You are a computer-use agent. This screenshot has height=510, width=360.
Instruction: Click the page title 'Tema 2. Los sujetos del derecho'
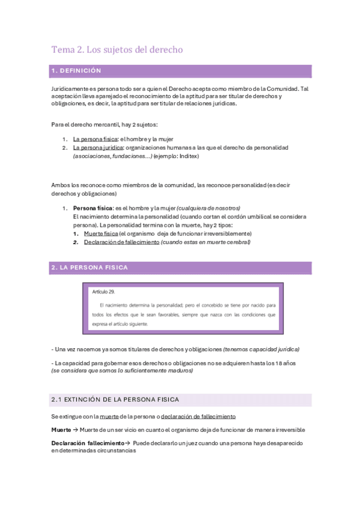tap(117, 49)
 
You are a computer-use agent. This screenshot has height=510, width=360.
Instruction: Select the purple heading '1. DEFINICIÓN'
tap(76, 71)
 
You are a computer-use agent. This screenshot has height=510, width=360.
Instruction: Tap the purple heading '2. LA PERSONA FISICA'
tap(89, 267)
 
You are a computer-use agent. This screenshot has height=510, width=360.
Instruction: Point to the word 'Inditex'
tap(188, 156)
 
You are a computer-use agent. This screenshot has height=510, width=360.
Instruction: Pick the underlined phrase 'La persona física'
tap(95, 139)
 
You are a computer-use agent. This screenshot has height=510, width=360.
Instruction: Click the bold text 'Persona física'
tap(92, 207)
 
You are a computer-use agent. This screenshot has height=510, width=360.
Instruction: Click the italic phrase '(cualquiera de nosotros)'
tap(209, 207)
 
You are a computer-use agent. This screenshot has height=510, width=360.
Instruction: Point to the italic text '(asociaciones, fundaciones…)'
tap(112, 156)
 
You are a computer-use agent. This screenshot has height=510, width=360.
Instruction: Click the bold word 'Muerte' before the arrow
tap(61, 429)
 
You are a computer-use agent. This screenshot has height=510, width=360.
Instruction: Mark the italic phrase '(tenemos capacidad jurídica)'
tap(261, 349)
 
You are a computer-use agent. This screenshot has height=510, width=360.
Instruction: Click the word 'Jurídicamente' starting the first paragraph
tap(70, 88)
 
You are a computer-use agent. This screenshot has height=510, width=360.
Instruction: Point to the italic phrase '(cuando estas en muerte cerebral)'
tap(206, 242)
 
